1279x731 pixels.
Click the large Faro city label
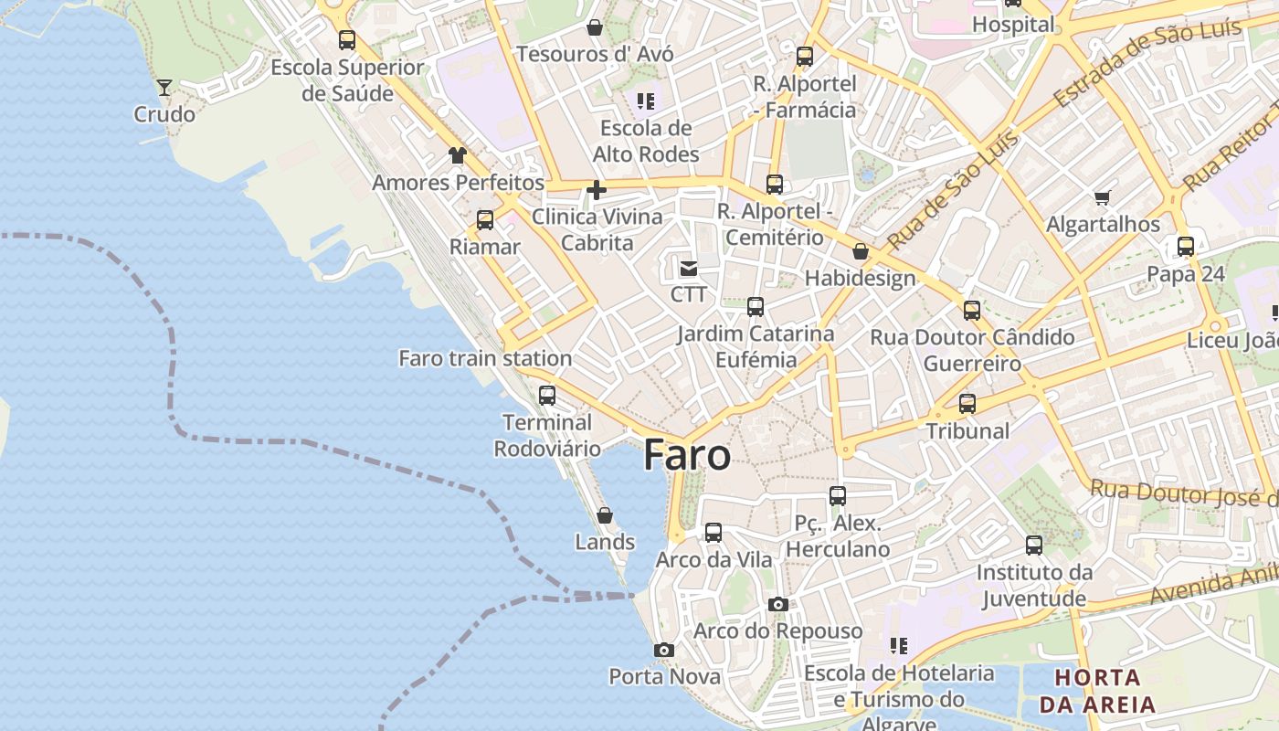pyautogui.click(x=687, y=455)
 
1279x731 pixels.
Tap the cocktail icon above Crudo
pyautogui.click(x=164, y=88)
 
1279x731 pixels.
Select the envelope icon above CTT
pyautogui.click(x=688, y=268)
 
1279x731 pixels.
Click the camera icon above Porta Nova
pyautogui.click(x=664, y=650)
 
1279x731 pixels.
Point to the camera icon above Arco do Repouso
pyautogui.click(x=777, y=604)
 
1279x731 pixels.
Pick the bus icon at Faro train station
pyautogui.click(x=546, y=396)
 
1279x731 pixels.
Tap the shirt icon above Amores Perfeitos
pyautogui.click(x=457, y=155)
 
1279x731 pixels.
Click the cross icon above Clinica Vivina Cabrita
pyautogui.click(x=597, y=190)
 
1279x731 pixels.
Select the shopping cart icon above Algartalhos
pyautogui.click(x=1103, y=197)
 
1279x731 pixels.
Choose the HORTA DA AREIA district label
pyautogui.click(x=1097, y=691)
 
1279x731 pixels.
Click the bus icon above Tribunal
pyautogui.click(x=967, y=403)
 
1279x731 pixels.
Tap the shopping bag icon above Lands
pyautogui.click(x=604, y=515)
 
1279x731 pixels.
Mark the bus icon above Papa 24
pyautogui.click(x=1185, y=247)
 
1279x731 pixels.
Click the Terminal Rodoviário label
pyautogui.click(x=547, y=435)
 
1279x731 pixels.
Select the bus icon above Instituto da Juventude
pyautogui.click(x=1033, y=546)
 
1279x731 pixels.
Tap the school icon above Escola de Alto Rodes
pyautogui.click(x=646, y=101)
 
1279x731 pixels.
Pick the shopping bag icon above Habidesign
pyautogui.click(x=860, y=251)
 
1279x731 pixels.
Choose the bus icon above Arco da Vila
pyautogui.click(x=713, y=532)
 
